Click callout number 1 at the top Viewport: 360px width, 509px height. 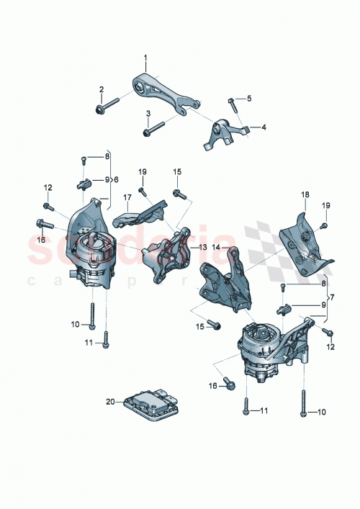(x=144, y=57)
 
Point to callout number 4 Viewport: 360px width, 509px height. (x=263, y=127)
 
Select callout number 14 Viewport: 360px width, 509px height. (x=217, y=247)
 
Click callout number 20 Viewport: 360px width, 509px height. (x=110, y=401)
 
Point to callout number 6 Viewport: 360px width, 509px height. (x=114, y=179)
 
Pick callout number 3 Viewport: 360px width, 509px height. (x=148, y=113)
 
